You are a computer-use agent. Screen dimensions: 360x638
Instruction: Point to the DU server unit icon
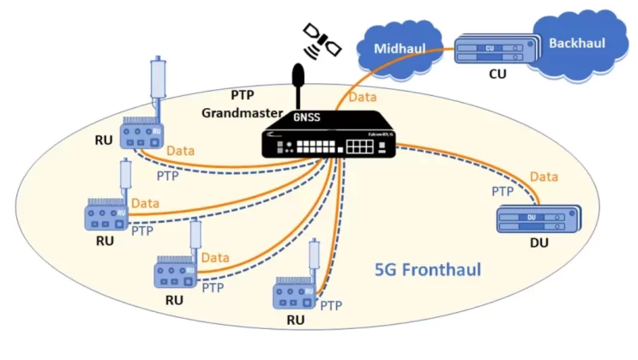coord(535,220)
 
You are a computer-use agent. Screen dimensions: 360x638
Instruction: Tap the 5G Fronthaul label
coord(428,269)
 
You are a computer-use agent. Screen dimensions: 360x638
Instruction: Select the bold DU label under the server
coord(539,243)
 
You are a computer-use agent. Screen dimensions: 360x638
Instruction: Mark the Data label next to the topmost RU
coord(180,151)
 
